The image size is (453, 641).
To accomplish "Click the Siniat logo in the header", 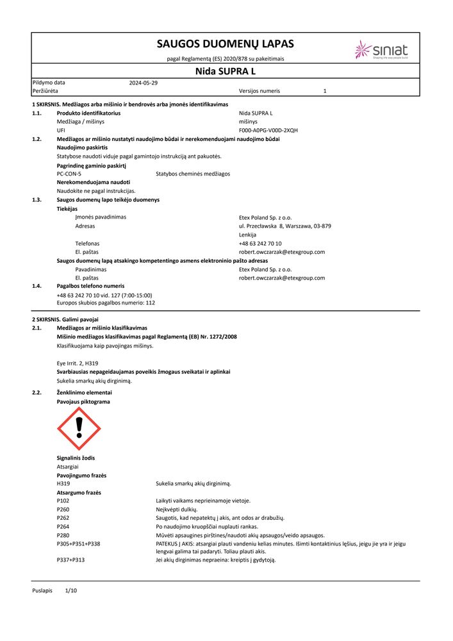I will coord(382,50).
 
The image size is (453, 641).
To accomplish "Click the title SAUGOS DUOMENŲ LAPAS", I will coord(225,44).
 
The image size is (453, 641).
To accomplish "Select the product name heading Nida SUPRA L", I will coord(225,71).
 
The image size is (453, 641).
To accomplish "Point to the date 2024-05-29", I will coord(144,83).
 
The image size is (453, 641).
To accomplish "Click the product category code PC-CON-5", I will coord(69,174).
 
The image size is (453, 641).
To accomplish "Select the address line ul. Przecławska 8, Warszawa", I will coord(284,226).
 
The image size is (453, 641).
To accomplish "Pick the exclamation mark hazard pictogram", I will coord(79,428).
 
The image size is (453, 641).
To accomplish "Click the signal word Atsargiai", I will coord(68,467).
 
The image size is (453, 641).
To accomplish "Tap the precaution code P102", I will coord(63,501).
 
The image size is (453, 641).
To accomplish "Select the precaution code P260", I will coord(63,509).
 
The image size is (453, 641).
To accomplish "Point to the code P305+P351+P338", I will coord(78,544).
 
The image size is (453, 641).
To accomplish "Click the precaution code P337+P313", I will coord(70,560).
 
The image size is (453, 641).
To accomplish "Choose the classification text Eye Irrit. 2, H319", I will coord(81,363).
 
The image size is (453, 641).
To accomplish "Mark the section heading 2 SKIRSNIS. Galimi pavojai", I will coord(65,319).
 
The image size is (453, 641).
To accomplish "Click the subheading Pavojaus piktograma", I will coord(83,402).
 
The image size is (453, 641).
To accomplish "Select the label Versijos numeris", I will coord(259,91).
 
